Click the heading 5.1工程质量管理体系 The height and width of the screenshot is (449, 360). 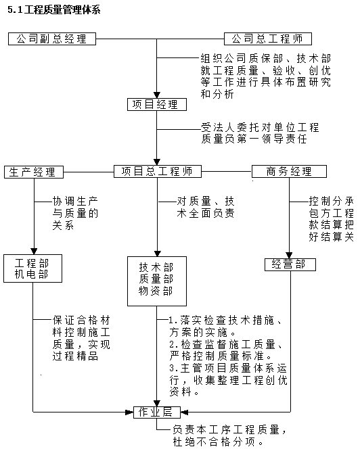55,9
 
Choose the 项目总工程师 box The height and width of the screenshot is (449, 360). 157,171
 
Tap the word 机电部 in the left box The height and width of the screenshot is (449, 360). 33,274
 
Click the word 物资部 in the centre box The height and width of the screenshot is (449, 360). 156,291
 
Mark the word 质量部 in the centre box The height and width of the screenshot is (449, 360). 156,279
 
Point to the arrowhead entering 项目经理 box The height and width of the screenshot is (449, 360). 156,94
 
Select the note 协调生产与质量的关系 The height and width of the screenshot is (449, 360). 75,214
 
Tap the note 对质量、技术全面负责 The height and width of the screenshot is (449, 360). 206,207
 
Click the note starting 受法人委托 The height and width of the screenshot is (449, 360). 259,133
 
